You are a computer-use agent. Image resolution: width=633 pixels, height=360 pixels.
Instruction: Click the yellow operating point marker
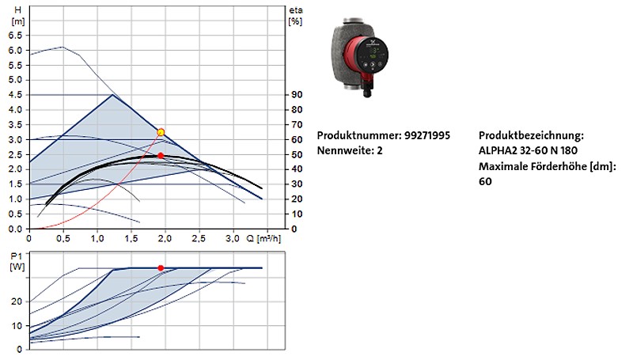(x=161, y=132)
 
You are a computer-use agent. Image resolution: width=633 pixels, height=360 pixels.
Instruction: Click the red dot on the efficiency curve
(x=161, y=156)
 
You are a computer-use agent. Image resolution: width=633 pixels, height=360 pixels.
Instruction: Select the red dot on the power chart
(x=161, y=268)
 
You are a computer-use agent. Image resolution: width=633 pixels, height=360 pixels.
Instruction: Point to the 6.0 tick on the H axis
(x=16, y=50)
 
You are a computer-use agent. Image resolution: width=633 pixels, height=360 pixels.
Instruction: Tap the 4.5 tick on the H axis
(x=16, y=95)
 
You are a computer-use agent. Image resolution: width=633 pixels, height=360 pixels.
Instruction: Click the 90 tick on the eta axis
(x=297, y=95)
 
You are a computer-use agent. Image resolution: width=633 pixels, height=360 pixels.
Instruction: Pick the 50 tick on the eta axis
(x=297, y=154)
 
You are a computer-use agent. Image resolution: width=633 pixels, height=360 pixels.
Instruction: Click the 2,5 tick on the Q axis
(x=199, y=238)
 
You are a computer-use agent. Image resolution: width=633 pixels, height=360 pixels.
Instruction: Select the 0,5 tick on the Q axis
(x=63, y=238)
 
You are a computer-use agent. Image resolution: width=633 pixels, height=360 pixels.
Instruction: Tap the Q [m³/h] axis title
(x=264, y=238)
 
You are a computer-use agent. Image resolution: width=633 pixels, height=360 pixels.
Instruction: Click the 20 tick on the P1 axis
(x=17, y=301)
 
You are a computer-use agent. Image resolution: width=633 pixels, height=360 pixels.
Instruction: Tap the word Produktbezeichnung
(x=531, y=135)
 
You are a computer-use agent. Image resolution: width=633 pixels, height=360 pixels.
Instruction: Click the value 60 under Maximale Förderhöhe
(x=485, y=181)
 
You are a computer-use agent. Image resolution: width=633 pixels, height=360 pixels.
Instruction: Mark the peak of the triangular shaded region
(x=113, y=95)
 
